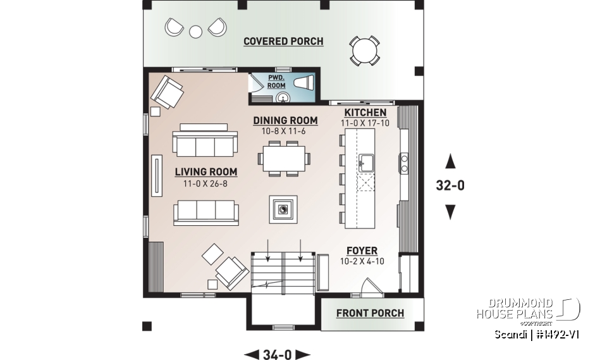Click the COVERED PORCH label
tap(283, 42)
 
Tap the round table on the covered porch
tap(365, 50)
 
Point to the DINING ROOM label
tap(285, 120)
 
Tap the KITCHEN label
tap(365, 113)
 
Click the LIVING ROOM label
tap(206, 171)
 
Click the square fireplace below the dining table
tap(282, 208)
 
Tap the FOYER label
tap(362, 251)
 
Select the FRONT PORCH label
tap(370, 313)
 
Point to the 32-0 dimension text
tap(450, 186)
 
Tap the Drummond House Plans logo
tap(528, 309)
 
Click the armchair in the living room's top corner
tap(166, 92)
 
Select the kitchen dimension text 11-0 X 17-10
tap(365, 123)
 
